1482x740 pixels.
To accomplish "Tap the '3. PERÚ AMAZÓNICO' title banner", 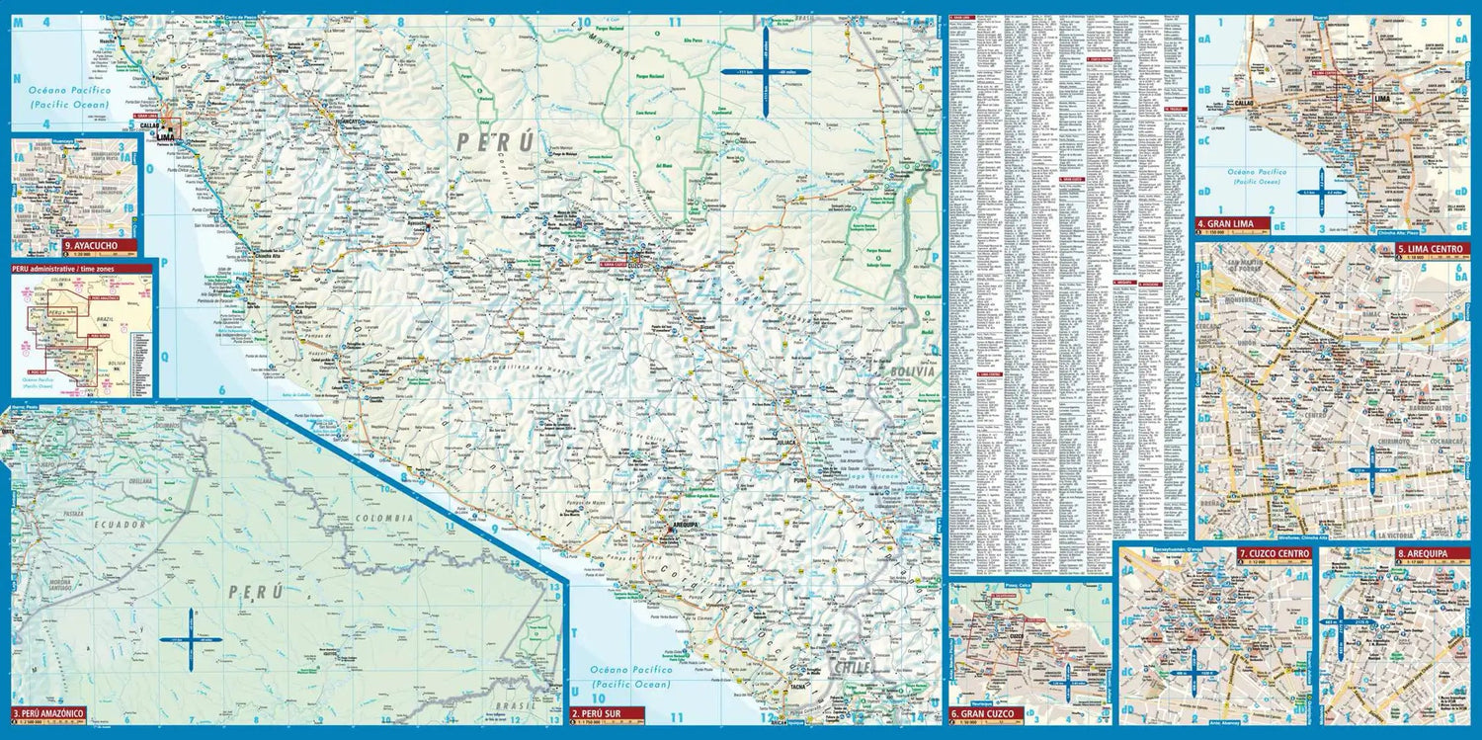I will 48,712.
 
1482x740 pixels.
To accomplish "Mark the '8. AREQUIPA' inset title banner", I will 1421,554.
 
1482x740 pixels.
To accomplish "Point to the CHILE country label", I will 852,668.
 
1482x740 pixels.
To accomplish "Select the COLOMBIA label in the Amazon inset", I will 387,518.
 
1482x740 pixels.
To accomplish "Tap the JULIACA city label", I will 787,444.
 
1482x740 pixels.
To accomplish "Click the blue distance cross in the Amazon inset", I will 188,639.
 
